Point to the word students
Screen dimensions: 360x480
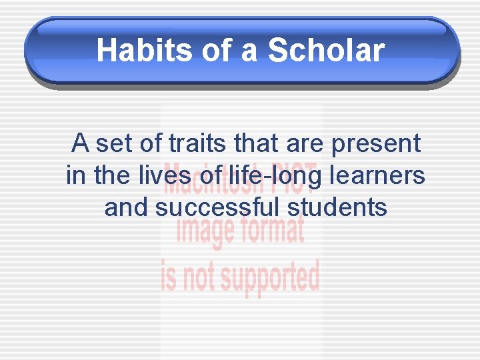(x=337, y=207)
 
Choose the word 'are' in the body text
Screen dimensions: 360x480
(x=305, y=144)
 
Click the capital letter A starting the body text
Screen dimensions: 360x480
(x=80, y=143)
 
